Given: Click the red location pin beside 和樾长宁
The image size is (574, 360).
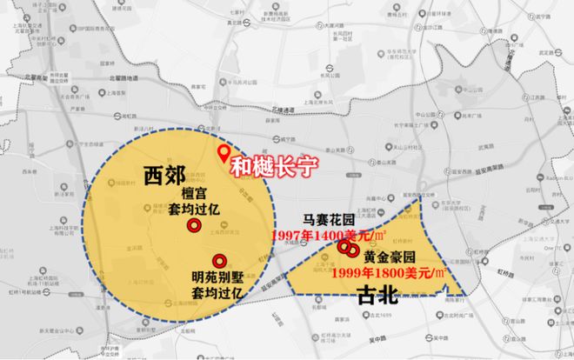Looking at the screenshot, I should pyautogui.click(x=223, y=155).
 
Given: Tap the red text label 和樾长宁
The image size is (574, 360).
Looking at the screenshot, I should pyautogui.click(x=274, y=164).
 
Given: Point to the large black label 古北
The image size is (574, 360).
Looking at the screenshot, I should pyautogui.click(x=377, y=296).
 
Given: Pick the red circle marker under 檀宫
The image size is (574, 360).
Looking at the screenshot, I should pyautogui.click(x=197, y=225).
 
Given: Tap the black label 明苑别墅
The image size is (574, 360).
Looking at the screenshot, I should pyautogui.click(x=219, y=278).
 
